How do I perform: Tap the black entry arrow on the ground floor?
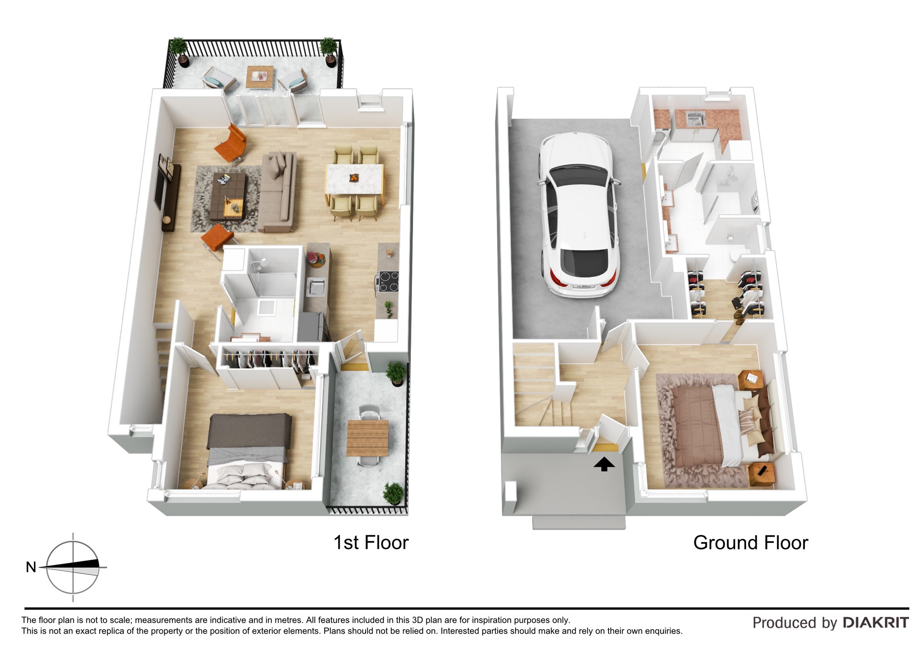click(604, 464)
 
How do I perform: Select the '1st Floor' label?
click(371, 543)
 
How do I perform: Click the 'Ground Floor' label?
click(751, 543)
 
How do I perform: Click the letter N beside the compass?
click(31, 567)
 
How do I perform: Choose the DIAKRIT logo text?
click(876, 623)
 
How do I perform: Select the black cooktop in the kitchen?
click(388, 281)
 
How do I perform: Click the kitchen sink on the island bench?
click(316, 286)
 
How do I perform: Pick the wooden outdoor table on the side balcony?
click(367, 438)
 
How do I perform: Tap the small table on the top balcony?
click(260, 76)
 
